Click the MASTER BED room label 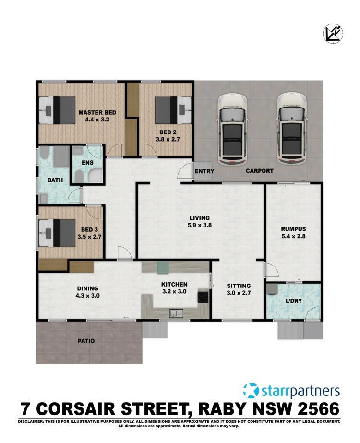click(97, 112)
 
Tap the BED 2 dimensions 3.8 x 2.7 click(168, 139)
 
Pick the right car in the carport click(292, 130)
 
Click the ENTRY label click(204, 171)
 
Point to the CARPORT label click(259, 171)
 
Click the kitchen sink click(176, 313)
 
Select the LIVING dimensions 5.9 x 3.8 click(200, 225)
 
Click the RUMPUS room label click(293, 229)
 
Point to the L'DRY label click(294, 301)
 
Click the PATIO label click(86, 341)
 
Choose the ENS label click(87, 163)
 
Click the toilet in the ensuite click(78, 177)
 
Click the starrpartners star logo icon click(251, 391)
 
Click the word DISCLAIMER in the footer click(30, 421)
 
